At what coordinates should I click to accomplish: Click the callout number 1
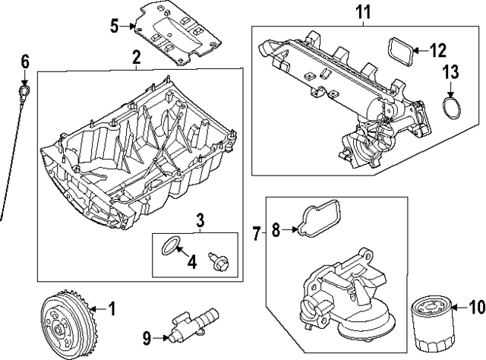click(x=112, y=309)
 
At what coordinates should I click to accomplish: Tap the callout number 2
click(x=136, y=58)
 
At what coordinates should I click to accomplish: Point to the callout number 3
click(x=200, y=221)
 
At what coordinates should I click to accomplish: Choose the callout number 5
click(x=114, y=27)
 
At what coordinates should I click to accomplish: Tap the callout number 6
click(x=24, y=60)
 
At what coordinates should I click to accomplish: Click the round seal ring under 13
click(x=452, y=109)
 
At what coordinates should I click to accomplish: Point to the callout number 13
click(x=451, y=72)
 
